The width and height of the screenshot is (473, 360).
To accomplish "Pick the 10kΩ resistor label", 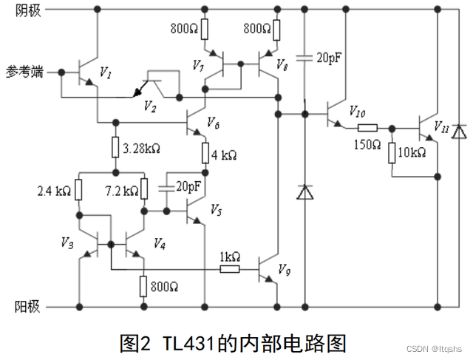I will coord(412,152).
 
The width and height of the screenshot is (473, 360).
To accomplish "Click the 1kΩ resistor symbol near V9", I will coord(229,268).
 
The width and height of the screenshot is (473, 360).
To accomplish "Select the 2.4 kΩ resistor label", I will coord(53,191).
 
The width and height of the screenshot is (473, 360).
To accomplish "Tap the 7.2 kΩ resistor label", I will coord(122,191).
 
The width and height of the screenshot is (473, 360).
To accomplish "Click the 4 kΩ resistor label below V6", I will coord(225,155).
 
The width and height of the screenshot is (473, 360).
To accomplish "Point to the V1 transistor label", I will coord(106,73).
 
